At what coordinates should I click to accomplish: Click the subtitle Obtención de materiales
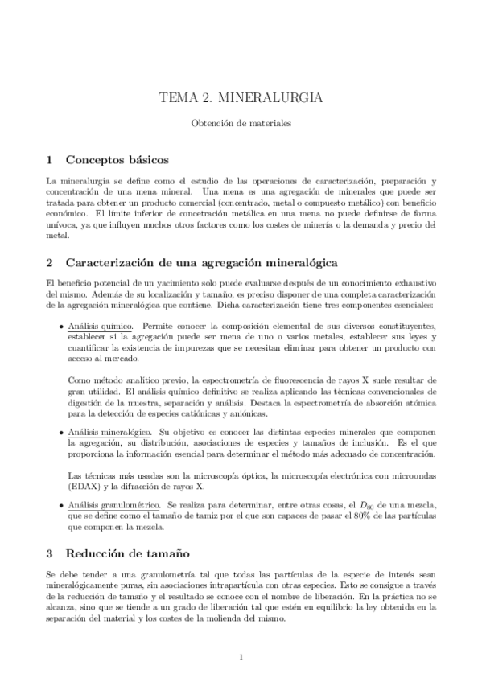pos(241,125)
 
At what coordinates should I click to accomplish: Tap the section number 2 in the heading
pos(49,262)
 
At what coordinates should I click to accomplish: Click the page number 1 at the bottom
pos(241,659)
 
